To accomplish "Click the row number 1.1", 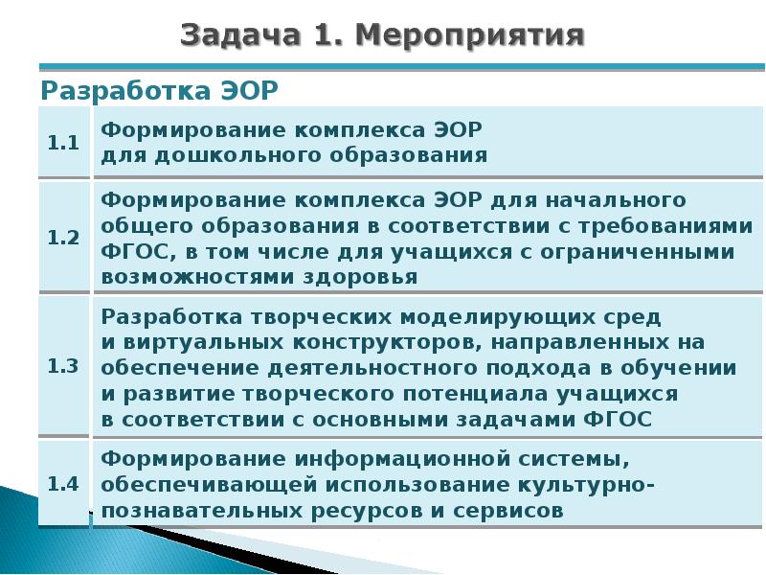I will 63,143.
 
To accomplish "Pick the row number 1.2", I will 63,239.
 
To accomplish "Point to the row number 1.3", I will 63,365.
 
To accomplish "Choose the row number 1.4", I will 63,483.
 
